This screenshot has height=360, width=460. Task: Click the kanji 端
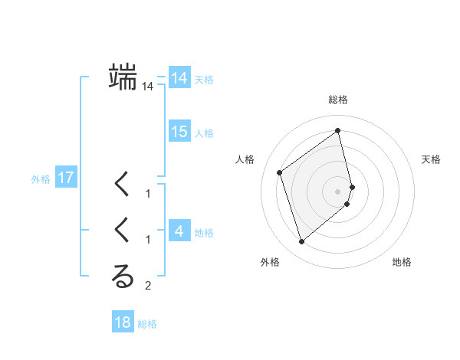pyautogui.click(x=123, y=77)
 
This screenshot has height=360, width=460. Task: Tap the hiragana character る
pyautogui.click(x=123, y=277)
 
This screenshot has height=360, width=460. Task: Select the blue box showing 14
pyautogui.click(x=179, y=78)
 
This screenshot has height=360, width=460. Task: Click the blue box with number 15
pyautogui.click(x=179, y=132)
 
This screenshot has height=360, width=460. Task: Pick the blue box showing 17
pyautogui.click(x=66, y=178)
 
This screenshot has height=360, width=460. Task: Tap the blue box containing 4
pyautogui.click(x=179, y=231)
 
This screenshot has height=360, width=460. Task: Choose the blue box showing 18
pyautogui.click(x=123, y=322)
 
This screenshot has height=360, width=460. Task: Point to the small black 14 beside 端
pyautogui.click(x=148, y=87)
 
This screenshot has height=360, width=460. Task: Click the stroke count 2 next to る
pyautogui.click(x=148, y=286)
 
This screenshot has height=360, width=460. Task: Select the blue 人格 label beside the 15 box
pyautogui.click(x=204, y=133)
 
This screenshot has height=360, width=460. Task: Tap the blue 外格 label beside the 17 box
pyautogui.click(x=41, y=180)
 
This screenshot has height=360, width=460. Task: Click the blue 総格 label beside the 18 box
pyautogui.click(x=147, y=324)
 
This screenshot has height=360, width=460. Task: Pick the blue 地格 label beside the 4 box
pyautogui.click(x=204, y=233)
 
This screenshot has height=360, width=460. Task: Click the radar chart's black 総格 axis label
pyautogui.click(x=338, y=100)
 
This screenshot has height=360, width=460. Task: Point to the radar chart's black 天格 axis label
pyautogui.click(x=432, y=159)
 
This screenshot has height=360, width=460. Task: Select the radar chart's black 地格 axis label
pyautogui.click(x=402, y=262)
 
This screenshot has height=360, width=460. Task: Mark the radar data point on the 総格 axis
pyautogui.click(x=338, y=131)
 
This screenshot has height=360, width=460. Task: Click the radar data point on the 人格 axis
pyautogui.click(x=280, y=172)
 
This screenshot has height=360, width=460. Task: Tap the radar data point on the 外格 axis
pyautogui.click(x=301, y=242)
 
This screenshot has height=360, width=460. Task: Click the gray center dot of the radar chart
pyautogui.click(x=338, y=191)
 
